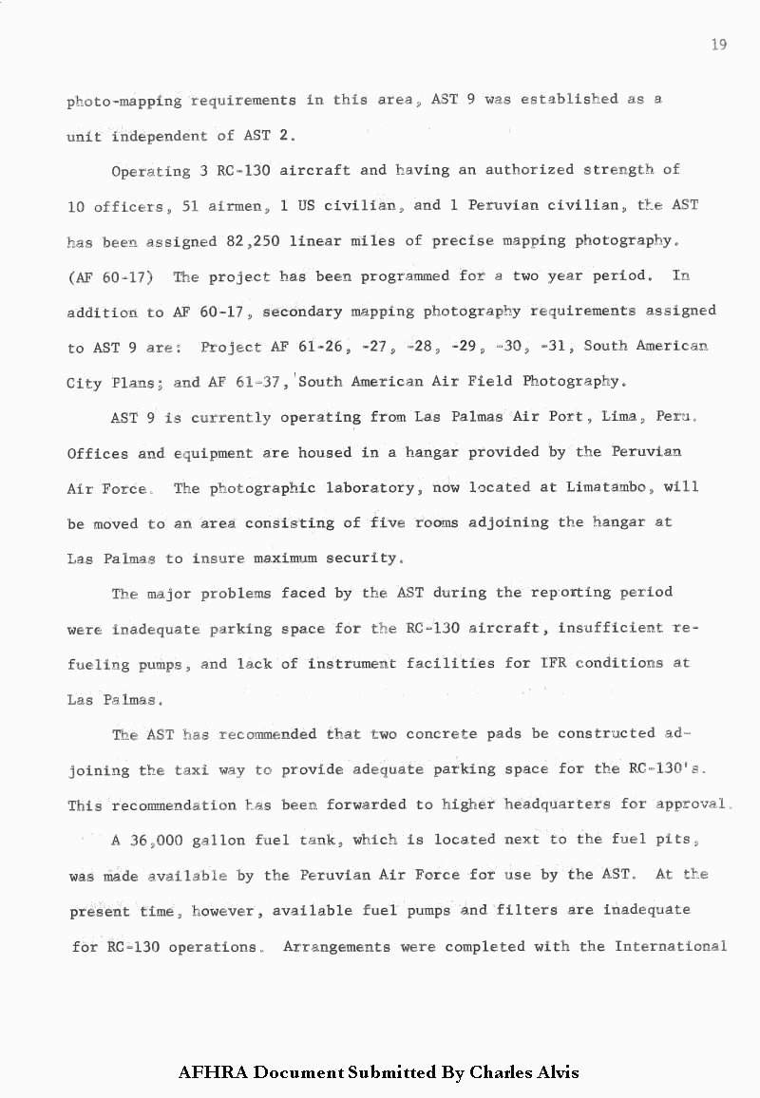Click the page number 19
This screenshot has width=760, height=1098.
pyautogui.click(x=718, y=46)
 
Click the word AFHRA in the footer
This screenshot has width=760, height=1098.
pyautogui.click(x=213, y=1072)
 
